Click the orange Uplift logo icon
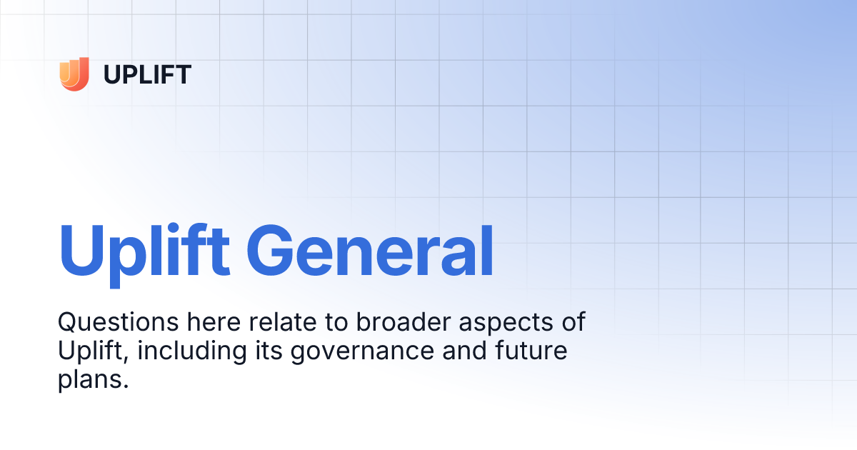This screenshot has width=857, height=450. pos(74,74)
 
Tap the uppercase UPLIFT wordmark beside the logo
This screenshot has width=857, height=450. pos(147,74)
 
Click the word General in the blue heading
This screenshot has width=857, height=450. pos(370,251)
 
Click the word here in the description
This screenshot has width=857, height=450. pos(214,322)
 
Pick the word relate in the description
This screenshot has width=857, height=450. pos(283,322)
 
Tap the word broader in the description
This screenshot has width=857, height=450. pos(404,322)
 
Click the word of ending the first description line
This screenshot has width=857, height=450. pos(573,322)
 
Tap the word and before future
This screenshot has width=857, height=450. pos(464,351)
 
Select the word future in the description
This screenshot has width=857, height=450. pos(531,351)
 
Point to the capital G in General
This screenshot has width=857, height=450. pos(270,250)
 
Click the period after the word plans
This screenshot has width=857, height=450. pos(126,386)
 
